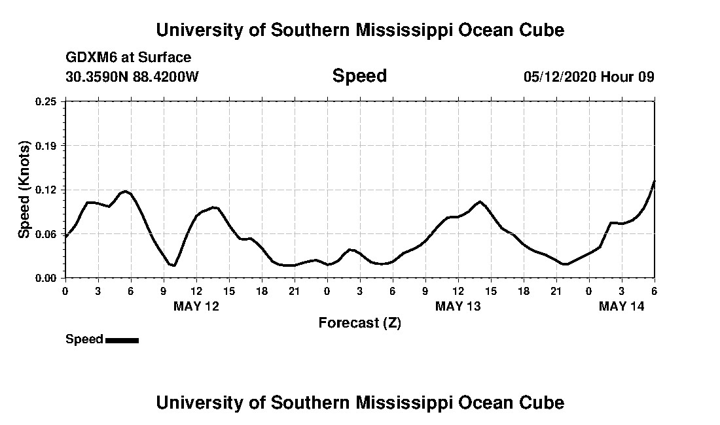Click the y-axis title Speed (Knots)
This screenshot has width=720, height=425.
[x=24, y=190]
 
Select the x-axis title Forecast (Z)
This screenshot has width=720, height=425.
[x=359, y=322]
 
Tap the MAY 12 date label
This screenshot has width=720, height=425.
[x=196, y=306]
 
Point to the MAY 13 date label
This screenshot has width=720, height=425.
[x=458, y=306]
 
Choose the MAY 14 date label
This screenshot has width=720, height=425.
[x=622, y=306]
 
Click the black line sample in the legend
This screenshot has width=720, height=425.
[x=122, y=340]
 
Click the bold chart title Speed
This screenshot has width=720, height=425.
[x=359, y=76]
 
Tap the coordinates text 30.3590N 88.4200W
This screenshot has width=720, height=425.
[x=132, y=76]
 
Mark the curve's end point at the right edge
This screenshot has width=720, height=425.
[x=654, y=181]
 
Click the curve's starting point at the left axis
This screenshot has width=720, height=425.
[x=65, y=237]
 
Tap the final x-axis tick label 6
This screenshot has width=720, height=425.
[x=654, y=290]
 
